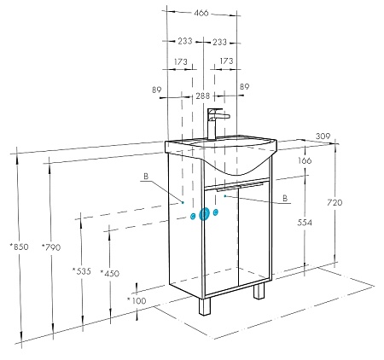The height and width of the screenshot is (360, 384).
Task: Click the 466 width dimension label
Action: [201, 13]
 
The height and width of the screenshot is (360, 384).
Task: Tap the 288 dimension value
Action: [203, 96]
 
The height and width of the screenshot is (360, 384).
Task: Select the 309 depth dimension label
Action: [323, 136]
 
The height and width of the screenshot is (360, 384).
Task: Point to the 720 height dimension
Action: [335, 202]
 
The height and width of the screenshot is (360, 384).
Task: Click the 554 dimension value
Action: [305, 223]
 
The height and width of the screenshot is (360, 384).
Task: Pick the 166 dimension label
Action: [305, 160]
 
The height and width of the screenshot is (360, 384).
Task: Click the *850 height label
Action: [19, 247]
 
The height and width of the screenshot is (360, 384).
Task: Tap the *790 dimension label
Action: [51, 247]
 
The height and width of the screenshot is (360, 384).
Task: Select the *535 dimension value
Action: [81, 271]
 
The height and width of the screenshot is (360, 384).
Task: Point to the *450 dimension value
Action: [110, 273]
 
